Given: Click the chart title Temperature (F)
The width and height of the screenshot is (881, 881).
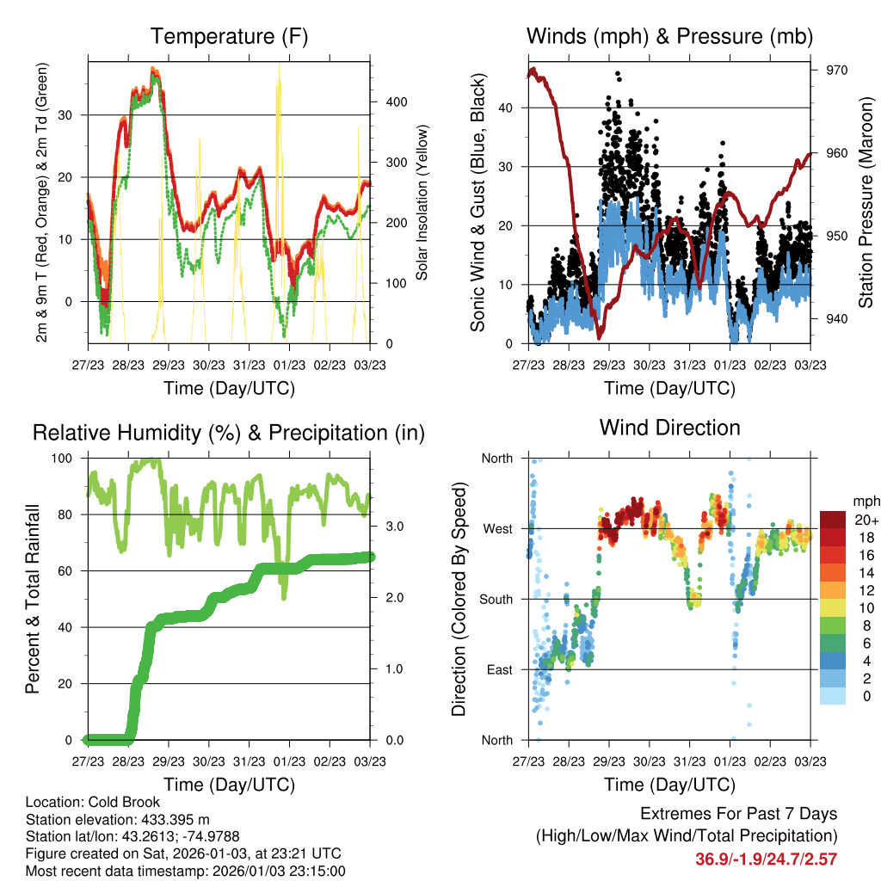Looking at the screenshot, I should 228,36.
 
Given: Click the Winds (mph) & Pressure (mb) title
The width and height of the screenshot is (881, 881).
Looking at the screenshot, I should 669,36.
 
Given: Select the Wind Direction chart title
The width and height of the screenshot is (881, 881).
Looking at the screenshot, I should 669,427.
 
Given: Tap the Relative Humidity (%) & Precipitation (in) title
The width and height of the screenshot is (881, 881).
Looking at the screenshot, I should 228,432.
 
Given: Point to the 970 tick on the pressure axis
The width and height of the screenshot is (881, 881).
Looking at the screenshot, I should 837,71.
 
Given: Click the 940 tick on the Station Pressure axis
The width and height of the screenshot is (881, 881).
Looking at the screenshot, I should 837,319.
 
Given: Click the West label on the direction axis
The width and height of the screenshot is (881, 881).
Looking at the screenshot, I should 498,528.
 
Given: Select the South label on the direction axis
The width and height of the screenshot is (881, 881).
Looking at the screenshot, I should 496,599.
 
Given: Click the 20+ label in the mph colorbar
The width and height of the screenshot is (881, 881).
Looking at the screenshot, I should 865,520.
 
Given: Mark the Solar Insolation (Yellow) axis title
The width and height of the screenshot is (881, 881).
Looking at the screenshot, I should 422,203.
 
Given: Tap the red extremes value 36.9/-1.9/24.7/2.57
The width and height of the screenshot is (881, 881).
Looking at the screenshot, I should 766,859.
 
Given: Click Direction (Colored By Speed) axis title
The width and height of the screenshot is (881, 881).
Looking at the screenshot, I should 459,599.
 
